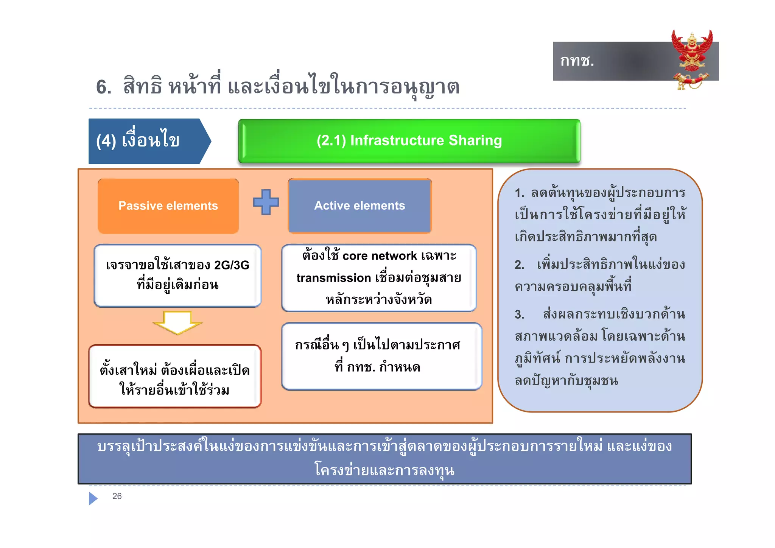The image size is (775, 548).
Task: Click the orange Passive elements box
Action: [168, 206]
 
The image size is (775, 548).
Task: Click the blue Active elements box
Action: [359, 205]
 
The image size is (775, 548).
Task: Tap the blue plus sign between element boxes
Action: [266, 202]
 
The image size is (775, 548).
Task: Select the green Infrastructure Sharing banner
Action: [409, 141]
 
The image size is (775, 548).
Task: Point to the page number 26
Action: [117, 496]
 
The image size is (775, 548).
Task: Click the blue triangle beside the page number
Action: [93, 498]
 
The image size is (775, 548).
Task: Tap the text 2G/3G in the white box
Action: [232, 265]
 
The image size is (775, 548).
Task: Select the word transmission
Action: [333, 278]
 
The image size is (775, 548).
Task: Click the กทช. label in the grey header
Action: [577, 61]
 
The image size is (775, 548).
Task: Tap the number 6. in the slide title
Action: [104, 87]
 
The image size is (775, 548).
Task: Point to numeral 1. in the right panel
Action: [519, 193]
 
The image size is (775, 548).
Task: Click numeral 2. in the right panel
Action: [519, 265]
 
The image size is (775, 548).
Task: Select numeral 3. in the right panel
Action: [519, 315]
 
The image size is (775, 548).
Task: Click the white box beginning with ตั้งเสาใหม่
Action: [175, 377]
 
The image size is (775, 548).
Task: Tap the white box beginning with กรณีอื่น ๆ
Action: [381, 356]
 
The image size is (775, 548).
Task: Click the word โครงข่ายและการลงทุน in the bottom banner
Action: [384, 470]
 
